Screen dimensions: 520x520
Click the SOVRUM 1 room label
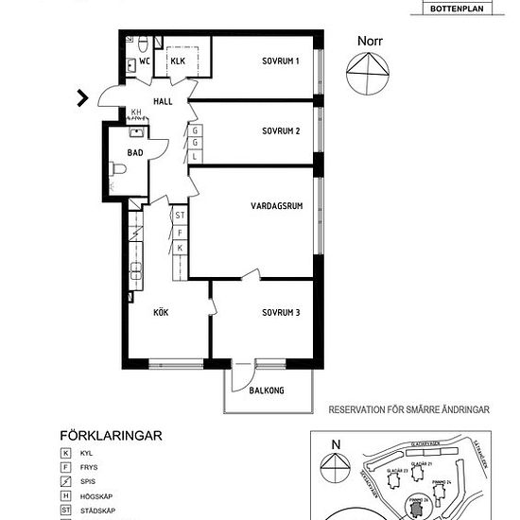pos(281,61)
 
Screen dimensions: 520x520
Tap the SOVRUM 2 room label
pos(281,130)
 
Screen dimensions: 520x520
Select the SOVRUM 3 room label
pos(282,313)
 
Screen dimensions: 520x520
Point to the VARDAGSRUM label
pos(276,205)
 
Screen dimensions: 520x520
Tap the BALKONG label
pos(267,390)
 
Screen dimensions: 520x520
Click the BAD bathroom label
pos(135,150)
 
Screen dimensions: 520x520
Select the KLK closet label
pos(178,61)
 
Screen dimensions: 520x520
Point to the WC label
pos(145,61)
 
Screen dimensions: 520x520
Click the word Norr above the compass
pos(371,41)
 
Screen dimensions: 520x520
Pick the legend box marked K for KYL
pos(65,454)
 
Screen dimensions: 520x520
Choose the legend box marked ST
pos(65,511)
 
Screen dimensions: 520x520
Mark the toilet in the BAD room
pos(118,169)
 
